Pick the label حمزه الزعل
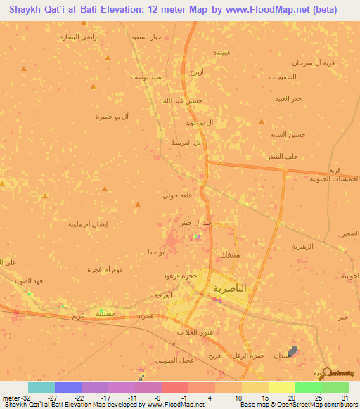[x=250, y=356]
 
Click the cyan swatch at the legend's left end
[x=41, y=387]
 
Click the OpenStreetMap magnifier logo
[x=328, y=372]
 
